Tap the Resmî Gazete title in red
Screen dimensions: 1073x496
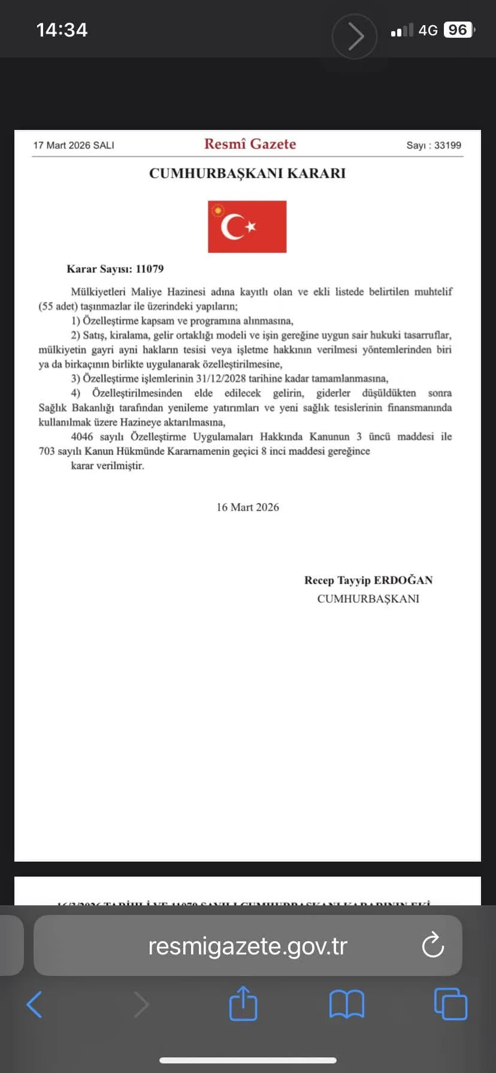coord(250,144)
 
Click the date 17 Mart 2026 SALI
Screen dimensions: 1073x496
coord(74,146)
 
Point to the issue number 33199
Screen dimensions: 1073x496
coord(447,146)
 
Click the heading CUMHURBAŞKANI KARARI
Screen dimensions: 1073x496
coord(247,174)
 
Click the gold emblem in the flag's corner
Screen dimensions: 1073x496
coord(218,211)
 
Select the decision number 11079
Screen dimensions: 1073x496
coord(150,269)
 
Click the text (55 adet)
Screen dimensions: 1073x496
coord(58,307)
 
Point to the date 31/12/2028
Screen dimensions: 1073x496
coord(220,379)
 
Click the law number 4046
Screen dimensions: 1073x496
coord(82,437)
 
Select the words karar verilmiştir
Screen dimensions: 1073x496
coord(108,466)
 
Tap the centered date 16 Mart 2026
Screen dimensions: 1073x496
coord(247,508)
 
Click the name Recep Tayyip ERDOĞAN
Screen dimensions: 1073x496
coord(368,580)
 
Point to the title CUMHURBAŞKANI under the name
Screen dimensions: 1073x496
coord(368,599)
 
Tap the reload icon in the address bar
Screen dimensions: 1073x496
coord(433,945)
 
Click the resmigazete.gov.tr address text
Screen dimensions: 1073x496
coord(247,946)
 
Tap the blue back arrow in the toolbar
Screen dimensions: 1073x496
coord(35,1004)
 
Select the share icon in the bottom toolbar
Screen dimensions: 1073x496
coord(243,1004)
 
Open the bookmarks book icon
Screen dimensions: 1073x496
coord(346,1004)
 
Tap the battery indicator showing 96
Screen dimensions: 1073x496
coord(458,30)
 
